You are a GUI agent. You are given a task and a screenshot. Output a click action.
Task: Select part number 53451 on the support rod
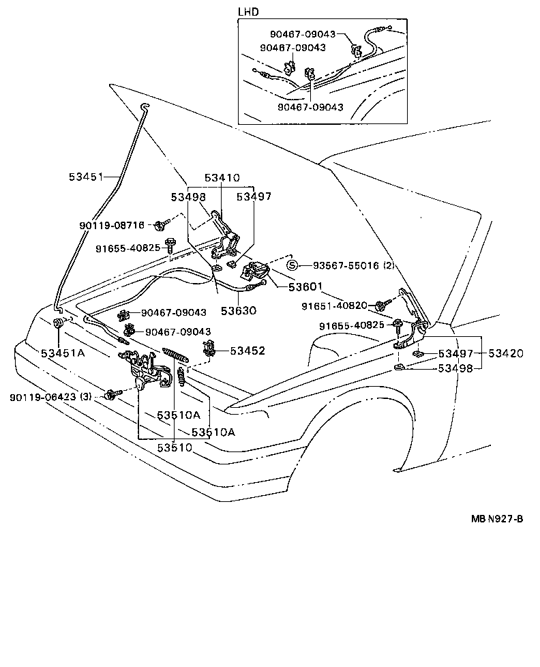tap(85, 177)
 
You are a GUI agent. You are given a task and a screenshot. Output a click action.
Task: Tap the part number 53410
tap(222, 178)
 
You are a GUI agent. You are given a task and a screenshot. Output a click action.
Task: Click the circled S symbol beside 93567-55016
tap(291, 265)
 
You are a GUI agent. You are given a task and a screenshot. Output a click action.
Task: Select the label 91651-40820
tap(334, 306)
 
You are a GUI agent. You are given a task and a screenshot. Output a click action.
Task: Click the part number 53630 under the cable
tap(238, 310)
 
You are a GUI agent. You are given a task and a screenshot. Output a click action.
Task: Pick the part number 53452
tap(247, 351)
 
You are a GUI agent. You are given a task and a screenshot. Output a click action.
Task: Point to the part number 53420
tap(505, 353)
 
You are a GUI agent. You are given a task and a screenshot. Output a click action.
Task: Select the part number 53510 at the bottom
tap(175, 447)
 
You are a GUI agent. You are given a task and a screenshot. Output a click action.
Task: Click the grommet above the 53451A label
tap(58, 323)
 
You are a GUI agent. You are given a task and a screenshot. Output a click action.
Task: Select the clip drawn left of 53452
tap(211, 350)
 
